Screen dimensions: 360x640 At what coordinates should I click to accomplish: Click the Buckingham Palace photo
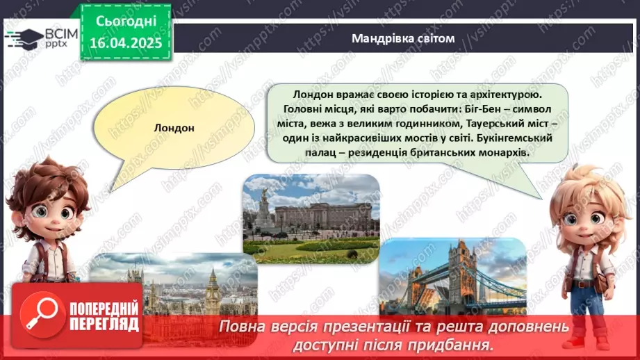pyautogui.click(x=311, y=218)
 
